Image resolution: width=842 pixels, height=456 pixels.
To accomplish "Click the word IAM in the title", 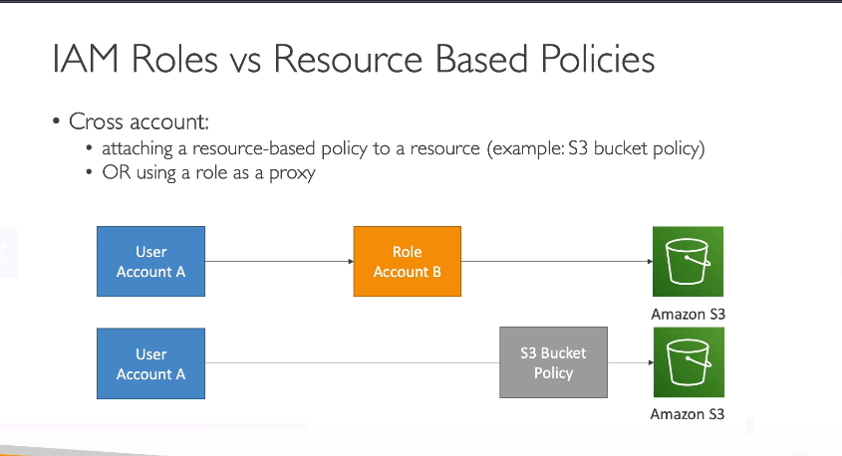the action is (86, 58).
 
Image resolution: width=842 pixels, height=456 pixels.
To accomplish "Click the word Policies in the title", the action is (598, 58).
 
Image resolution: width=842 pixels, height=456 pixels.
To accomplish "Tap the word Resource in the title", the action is (348, 58).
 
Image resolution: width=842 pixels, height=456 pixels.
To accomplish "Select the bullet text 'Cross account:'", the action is (139, 121).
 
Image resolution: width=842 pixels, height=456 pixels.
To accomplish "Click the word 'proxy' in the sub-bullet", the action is (292, 173).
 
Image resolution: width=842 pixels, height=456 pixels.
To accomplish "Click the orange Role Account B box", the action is (407, 261).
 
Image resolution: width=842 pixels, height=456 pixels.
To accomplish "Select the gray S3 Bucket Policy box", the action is (553, 362).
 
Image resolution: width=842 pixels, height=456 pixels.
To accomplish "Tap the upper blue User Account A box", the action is (150, 261).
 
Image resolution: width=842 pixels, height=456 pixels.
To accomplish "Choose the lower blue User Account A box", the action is (150, 363).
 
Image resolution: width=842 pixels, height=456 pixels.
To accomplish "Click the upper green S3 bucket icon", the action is (688, 261).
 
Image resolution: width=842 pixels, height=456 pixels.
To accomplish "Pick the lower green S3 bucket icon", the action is (689, 362).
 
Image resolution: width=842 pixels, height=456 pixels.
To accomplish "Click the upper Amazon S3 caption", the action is (688, 314).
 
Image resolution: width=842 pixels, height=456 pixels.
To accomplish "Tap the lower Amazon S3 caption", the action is (688, 414).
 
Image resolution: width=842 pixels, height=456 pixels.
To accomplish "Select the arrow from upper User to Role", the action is (279, 261).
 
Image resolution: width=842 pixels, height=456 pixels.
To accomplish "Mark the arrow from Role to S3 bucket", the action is (557, 261).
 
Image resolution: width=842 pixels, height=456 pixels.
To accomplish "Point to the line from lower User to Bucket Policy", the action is (353, 363).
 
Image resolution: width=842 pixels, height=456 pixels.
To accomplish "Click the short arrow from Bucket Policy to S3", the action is (631, 362).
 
